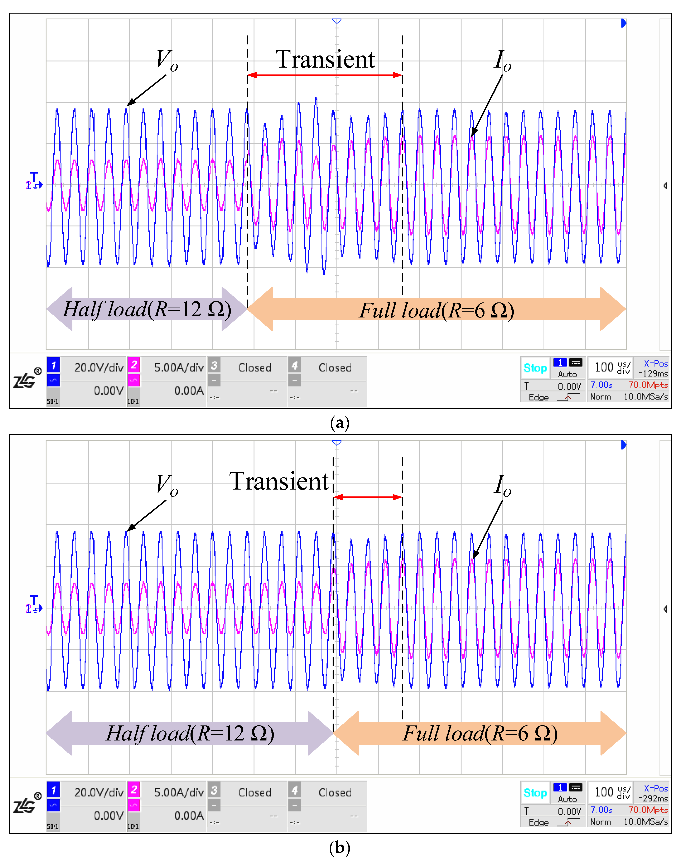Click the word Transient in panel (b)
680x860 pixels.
click(279, 482)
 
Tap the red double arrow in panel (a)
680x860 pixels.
click(324, 75)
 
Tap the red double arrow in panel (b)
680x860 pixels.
click(367, 497)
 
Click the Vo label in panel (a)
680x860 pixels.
click(167, 60)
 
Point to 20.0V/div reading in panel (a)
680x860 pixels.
click(99, 367)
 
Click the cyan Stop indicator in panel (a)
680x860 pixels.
click(535, 368)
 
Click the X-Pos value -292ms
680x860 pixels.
click(653, 798)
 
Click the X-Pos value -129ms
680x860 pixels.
click(653, 373)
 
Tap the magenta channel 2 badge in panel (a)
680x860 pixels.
click(134, 365)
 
